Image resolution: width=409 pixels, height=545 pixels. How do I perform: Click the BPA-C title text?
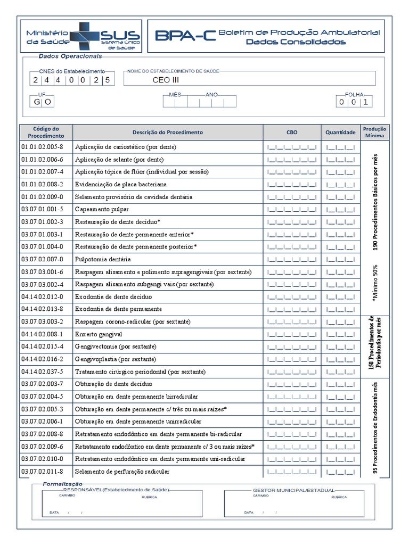185,36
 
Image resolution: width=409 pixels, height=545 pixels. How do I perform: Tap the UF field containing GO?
43,102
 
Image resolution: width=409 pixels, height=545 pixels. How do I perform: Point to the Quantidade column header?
341,132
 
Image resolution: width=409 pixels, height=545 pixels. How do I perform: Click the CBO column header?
292,132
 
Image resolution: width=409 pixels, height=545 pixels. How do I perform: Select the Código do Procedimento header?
46,132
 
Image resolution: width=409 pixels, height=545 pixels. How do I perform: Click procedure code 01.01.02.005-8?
42,147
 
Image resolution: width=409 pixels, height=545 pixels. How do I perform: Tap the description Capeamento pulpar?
102,209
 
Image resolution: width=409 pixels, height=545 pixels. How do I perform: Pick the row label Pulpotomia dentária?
103,259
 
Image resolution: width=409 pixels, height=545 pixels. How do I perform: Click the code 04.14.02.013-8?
42,309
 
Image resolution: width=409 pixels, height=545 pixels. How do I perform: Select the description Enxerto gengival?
99,334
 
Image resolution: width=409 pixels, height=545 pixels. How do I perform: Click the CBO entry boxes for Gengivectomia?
292,347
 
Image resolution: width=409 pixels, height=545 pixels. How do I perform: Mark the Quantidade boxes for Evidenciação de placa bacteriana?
341,184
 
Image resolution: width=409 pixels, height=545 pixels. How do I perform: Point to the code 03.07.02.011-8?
42,472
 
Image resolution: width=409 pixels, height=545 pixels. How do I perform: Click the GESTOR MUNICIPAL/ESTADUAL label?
293,490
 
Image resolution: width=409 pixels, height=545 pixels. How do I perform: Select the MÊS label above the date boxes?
175,94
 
